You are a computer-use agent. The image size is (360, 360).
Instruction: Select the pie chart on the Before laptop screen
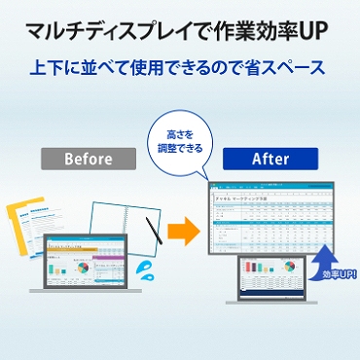[x=85, y=265]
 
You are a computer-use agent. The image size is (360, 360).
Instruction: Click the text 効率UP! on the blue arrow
[x=334, y=275]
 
